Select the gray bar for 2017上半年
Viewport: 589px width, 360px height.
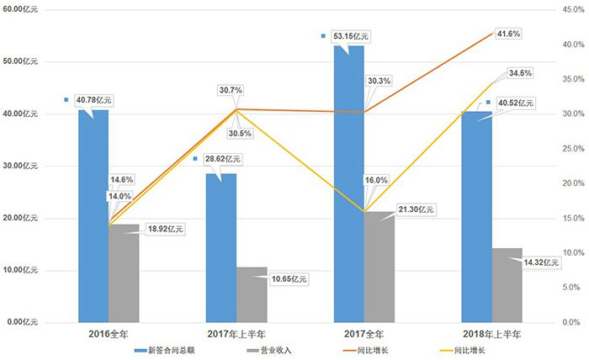point(252,294)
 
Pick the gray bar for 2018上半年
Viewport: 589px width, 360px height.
point(507,284)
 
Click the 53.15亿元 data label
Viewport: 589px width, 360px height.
point(350,37)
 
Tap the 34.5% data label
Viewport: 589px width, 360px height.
point(519,73)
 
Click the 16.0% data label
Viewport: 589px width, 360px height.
point(376,180)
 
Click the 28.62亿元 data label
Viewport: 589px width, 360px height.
point(222,157)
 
